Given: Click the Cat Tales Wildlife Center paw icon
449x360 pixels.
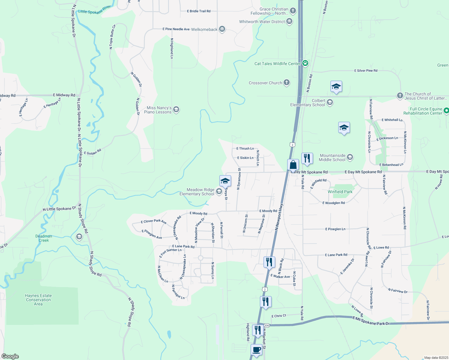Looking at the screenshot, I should coord(305,63).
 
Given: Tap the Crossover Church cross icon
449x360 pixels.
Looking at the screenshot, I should coord(287,82).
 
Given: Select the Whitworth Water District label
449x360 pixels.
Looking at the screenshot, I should coord(262,22).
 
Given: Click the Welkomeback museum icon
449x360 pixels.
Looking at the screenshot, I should coord(222,29).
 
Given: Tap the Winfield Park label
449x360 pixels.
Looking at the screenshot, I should coord(340,192).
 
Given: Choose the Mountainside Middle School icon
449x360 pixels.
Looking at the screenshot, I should coord(350,157).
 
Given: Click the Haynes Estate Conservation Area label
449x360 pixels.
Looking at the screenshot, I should coord(38,300).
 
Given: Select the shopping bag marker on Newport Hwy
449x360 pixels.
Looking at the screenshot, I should coord(293,165).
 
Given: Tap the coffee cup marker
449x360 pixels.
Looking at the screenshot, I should coord(256,350).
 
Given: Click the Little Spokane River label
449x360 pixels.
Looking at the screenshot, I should coord(94,10).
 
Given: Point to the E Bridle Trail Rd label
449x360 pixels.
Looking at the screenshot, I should coord(199,11).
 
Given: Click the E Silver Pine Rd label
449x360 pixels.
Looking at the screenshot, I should coord(366,70).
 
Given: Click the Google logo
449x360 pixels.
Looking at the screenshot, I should coord(10,356).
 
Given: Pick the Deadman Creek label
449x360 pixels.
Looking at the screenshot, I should coord(44,238).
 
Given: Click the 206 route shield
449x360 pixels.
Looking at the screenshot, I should coord(267,325).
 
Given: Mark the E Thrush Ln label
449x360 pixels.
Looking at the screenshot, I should coord(245,148).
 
